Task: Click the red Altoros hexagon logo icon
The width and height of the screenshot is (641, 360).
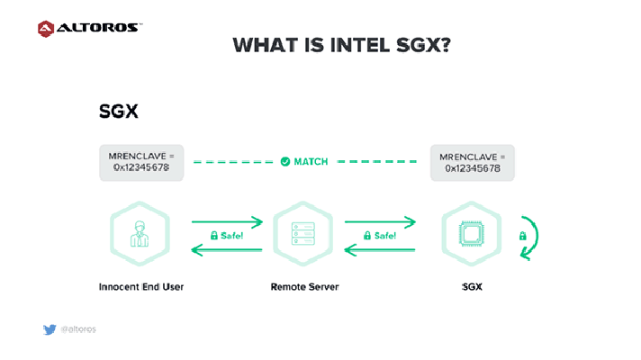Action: tap(46, 29)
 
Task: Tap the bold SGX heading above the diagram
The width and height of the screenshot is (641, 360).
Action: tap(119, 111)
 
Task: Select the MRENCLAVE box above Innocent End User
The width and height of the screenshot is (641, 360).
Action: tap(141, 163)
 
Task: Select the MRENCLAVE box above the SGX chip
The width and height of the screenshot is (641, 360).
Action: tap(472, 163)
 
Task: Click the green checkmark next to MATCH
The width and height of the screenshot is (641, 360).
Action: tap(285, 162)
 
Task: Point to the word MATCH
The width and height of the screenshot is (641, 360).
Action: tap(311, 162)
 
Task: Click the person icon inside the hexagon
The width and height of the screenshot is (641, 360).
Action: tap(140, 234)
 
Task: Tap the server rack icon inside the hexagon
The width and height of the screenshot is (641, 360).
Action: tap(302, 234)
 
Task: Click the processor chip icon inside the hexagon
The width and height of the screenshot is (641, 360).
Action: tap(472, 234)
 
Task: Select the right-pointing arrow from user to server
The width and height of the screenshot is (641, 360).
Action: tap(227, 222)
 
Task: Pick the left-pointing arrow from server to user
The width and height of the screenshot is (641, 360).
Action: tap(227, 249)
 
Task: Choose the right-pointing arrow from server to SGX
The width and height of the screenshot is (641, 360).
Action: tap(380, 222)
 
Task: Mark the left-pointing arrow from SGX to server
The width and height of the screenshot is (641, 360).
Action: tap(380, 249)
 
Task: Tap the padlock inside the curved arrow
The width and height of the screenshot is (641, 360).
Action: tap(522, 236)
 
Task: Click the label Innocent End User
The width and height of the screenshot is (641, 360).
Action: tap(141, 287)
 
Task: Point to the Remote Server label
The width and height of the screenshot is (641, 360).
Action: tap(304, 287)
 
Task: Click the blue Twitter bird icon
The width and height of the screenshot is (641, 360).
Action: tap(50, 329)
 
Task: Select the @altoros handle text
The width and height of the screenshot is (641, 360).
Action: tap(78, 329)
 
